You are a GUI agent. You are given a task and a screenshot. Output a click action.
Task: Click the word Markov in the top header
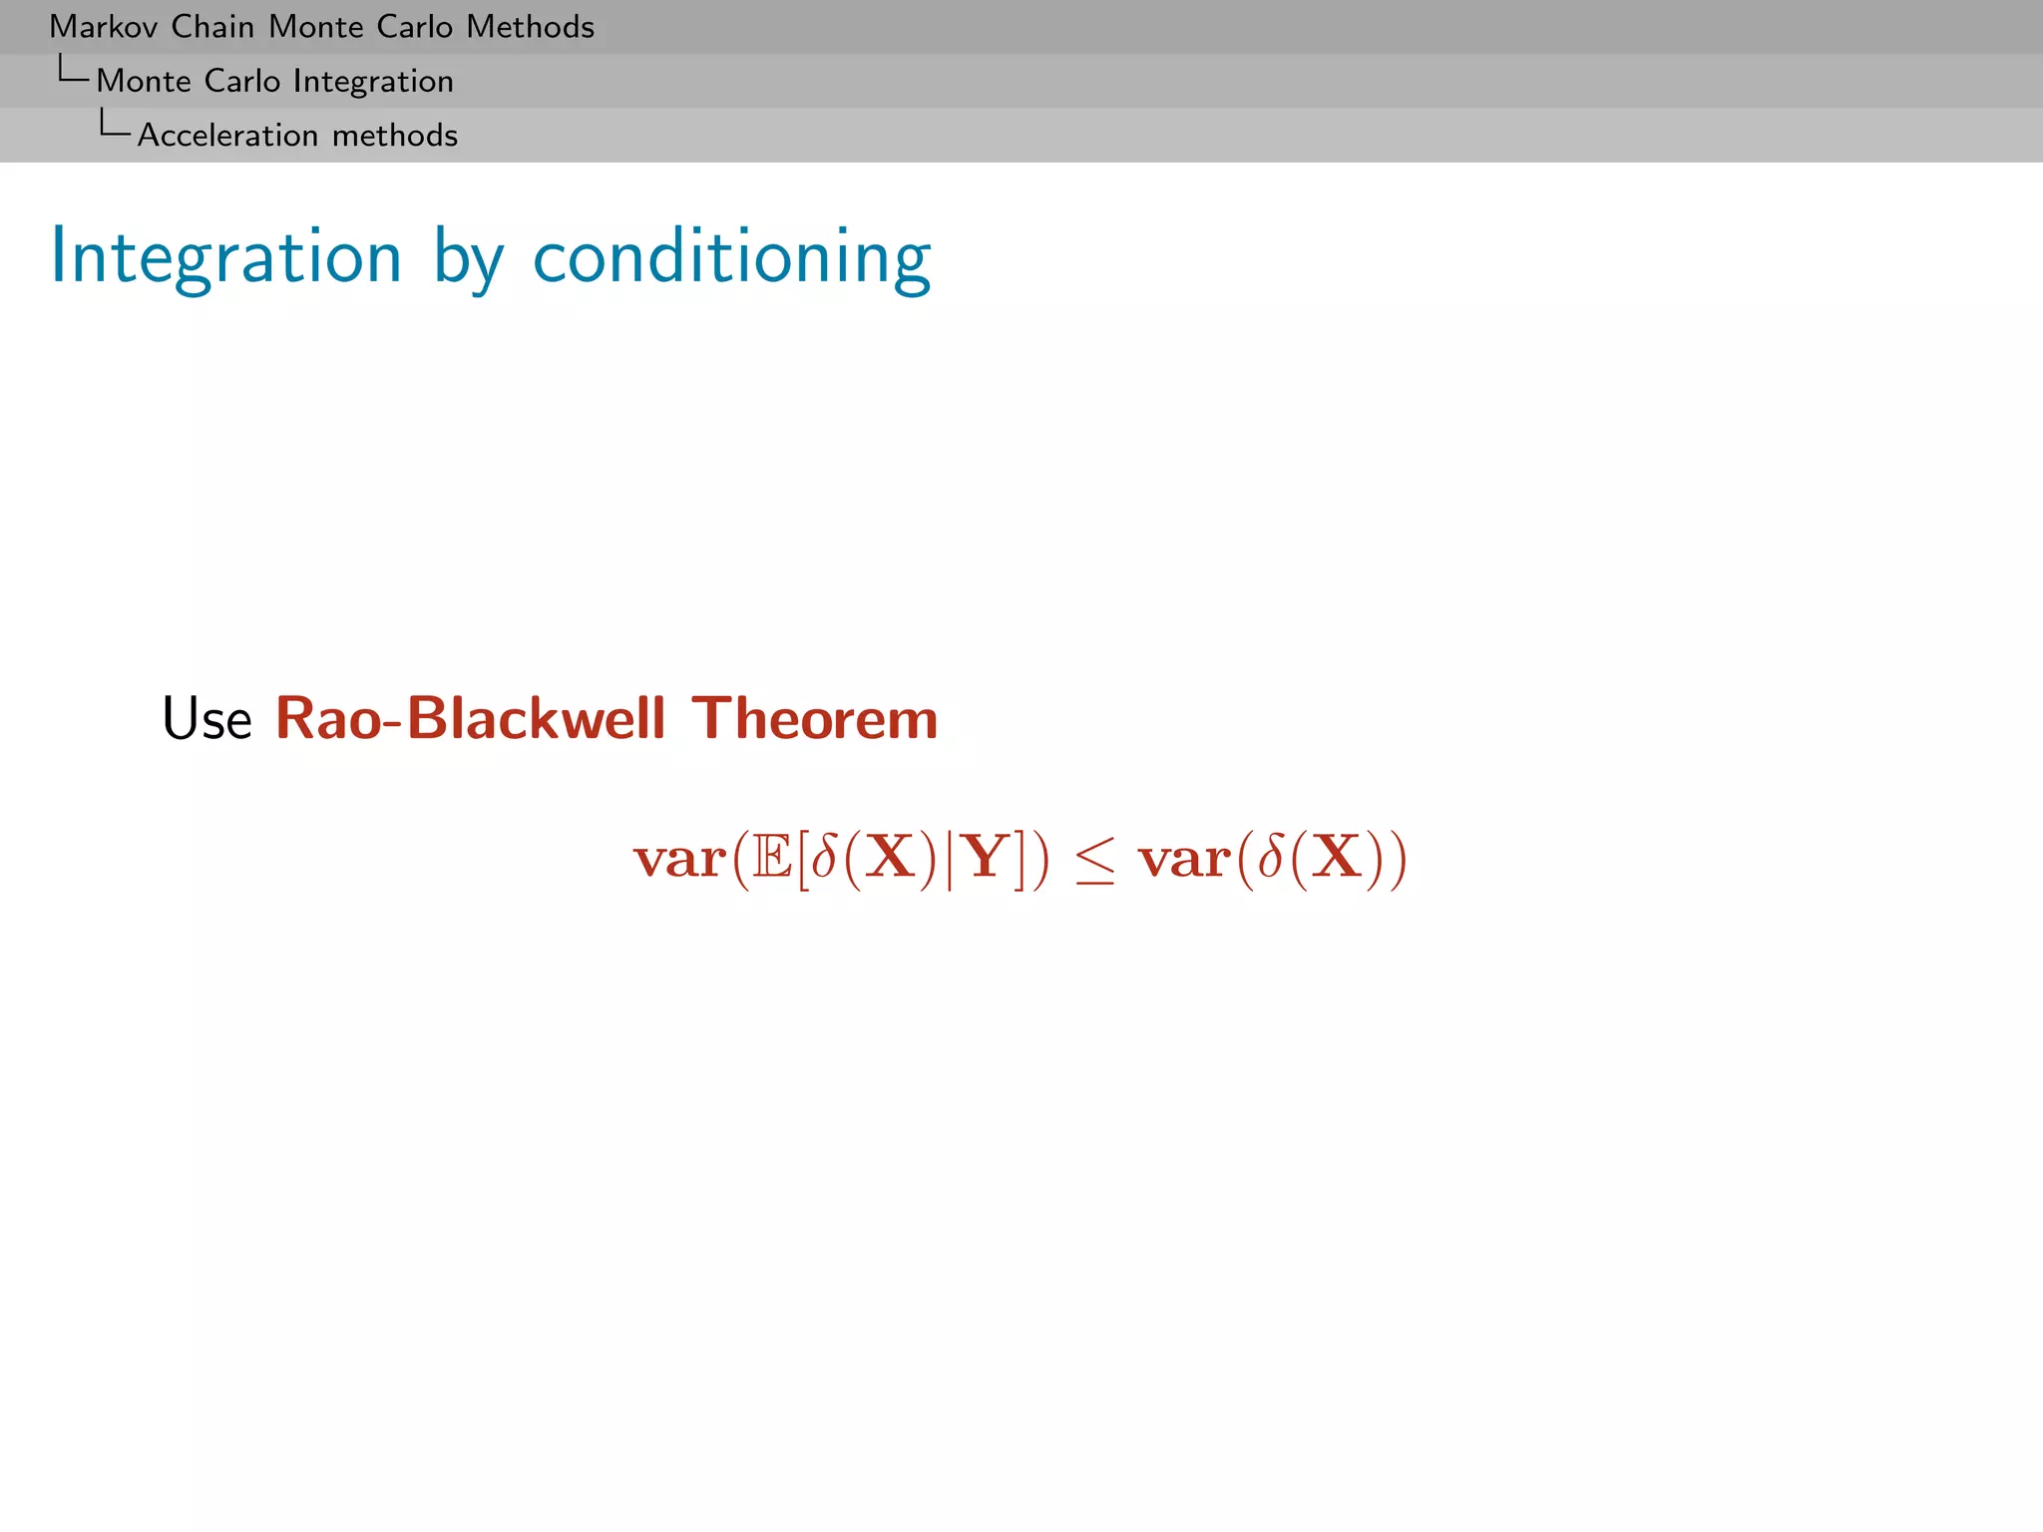105,27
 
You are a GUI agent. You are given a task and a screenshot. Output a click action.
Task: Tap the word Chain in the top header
212,27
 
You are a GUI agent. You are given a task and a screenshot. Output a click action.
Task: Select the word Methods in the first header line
530,27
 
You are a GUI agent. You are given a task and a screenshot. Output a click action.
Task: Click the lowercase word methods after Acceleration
395,136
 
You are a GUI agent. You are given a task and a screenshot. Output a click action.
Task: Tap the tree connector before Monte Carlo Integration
73,70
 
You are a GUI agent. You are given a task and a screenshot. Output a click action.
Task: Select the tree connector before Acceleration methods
114,124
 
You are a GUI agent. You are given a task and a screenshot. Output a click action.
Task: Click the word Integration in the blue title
226,258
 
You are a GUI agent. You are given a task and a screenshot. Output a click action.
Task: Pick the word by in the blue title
468,261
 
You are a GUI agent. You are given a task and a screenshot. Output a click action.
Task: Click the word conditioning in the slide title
732,258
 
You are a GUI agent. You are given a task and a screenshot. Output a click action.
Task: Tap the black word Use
207,719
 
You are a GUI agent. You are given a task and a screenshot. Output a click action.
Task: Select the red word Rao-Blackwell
470,719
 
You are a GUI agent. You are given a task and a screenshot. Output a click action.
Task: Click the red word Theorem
815,719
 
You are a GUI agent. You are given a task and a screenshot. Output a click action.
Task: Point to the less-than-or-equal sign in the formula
1094,860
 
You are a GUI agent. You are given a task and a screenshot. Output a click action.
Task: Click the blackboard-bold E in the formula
773,858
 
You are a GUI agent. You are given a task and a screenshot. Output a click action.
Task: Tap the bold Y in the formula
985,858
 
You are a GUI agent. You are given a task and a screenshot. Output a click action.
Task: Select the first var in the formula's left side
680,860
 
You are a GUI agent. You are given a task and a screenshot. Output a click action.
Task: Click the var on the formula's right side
1185,860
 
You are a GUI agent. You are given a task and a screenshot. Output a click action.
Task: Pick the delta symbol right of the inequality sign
1270,858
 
